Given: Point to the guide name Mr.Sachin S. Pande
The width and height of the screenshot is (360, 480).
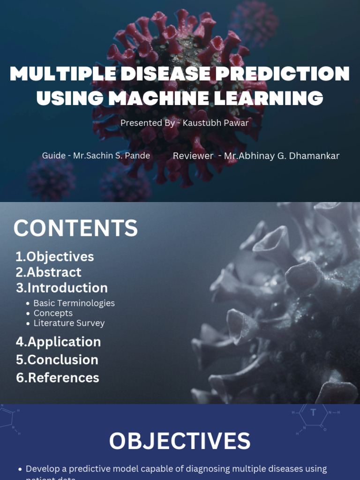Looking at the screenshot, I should click(112, 156).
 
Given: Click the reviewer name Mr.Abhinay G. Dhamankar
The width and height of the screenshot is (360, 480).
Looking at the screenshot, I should click(282, 156).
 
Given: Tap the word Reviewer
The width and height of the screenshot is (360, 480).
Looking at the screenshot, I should click(193, 156).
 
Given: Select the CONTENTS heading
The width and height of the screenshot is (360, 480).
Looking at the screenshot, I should click(75, 229).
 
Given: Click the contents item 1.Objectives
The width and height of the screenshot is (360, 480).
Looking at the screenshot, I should click(55, 256).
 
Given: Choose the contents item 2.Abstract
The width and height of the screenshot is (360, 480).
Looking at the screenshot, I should click(48, 272).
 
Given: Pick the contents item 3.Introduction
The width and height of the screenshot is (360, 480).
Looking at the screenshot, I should click(62, 287).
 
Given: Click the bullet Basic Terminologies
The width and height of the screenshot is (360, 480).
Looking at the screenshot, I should click(74, 303).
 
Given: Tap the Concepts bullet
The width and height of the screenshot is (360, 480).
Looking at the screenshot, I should click(53, 313).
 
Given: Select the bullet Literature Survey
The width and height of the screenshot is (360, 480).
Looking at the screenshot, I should click(69, 323).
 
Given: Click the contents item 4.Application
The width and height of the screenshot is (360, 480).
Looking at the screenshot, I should click(59, 342).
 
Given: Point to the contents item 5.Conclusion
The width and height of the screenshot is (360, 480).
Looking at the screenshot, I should click(57, 360).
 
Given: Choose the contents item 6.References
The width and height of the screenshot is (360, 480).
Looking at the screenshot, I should click(58, 377).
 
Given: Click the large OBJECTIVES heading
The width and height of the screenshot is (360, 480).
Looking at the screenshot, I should click(180, 442).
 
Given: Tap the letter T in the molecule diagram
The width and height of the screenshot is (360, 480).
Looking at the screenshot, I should click(314, 412).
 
